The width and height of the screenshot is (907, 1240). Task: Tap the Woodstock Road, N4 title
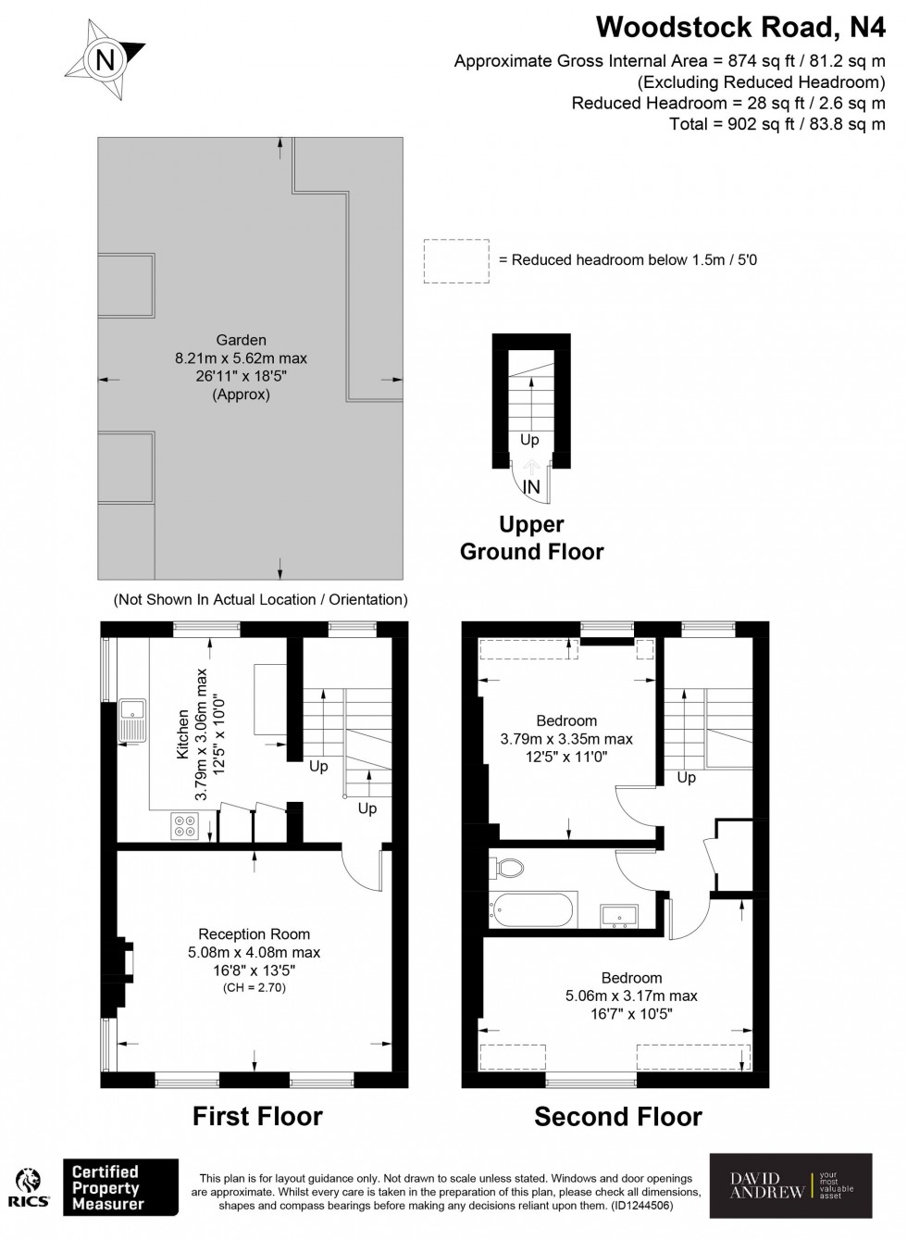740,27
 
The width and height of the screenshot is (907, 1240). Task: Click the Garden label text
241,340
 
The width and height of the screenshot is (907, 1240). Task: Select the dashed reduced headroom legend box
455,261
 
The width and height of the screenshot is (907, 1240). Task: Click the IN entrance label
531,487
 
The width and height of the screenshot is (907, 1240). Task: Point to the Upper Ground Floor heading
531,538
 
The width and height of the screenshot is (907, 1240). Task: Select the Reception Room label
255,934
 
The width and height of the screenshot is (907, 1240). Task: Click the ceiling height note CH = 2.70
255,988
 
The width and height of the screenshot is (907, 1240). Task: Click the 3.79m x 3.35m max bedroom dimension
566,739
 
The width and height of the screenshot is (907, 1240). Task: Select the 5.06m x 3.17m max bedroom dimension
631,996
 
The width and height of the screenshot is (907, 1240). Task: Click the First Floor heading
257,1117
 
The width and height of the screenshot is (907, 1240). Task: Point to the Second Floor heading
618,1118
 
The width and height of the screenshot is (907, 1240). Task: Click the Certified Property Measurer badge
119,1188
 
